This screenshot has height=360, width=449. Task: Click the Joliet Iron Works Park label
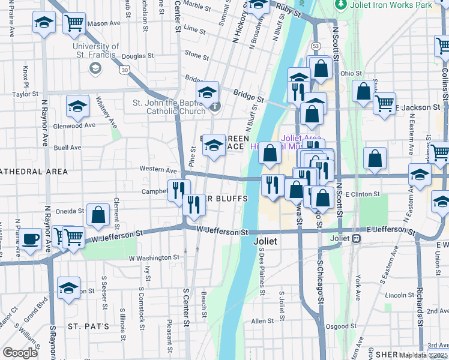coord(389,5)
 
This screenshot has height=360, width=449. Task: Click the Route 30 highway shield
coord(124,70)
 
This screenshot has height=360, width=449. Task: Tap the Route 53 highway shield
coord(315,45)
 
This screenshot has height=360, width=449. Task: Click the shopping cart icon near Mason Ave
coord(74,23)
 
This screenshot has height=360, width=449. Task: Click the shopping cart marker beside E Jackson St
coord(384,102)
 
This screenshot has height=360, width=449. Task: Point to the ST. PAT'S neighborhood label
coord(88,326)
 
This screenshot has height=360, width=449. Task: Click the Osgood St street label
coord(344,326)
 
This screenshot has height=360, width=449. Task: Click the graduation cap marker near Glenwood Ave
coord(77,106)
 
